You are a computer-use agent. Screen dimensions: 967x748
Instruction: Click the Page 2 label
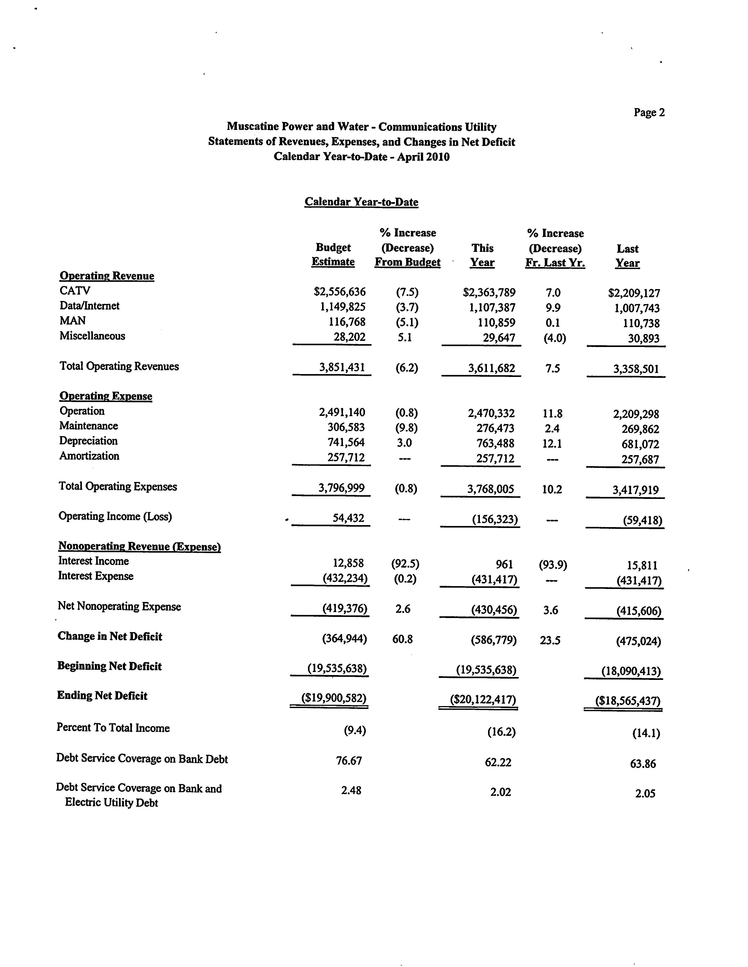pos(649,113)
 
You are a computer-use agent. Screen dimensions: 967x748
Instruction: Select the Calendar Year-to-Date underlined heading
pos(361,202)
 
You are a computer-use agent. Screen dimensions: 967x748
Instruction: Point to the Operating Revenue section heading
pos(107,276)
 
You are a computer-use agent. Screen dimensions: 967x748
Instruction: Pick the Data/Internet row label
pos(89,306)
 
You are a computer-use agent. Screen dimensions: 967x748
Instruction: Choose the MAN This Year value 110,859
pos(493,323)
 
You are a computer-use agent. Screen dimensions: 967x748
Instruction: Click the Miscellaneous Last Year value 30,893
pos(643,339)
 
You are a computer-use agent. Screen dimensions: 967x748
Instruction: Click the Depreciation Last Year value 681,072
pos(640,444)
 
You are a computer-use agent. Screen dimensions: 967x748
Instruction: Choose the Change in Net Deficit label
pos(110,636)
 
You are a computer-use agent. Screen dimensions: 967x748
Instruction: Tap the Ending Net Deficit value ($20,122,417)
pos(483,699)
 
